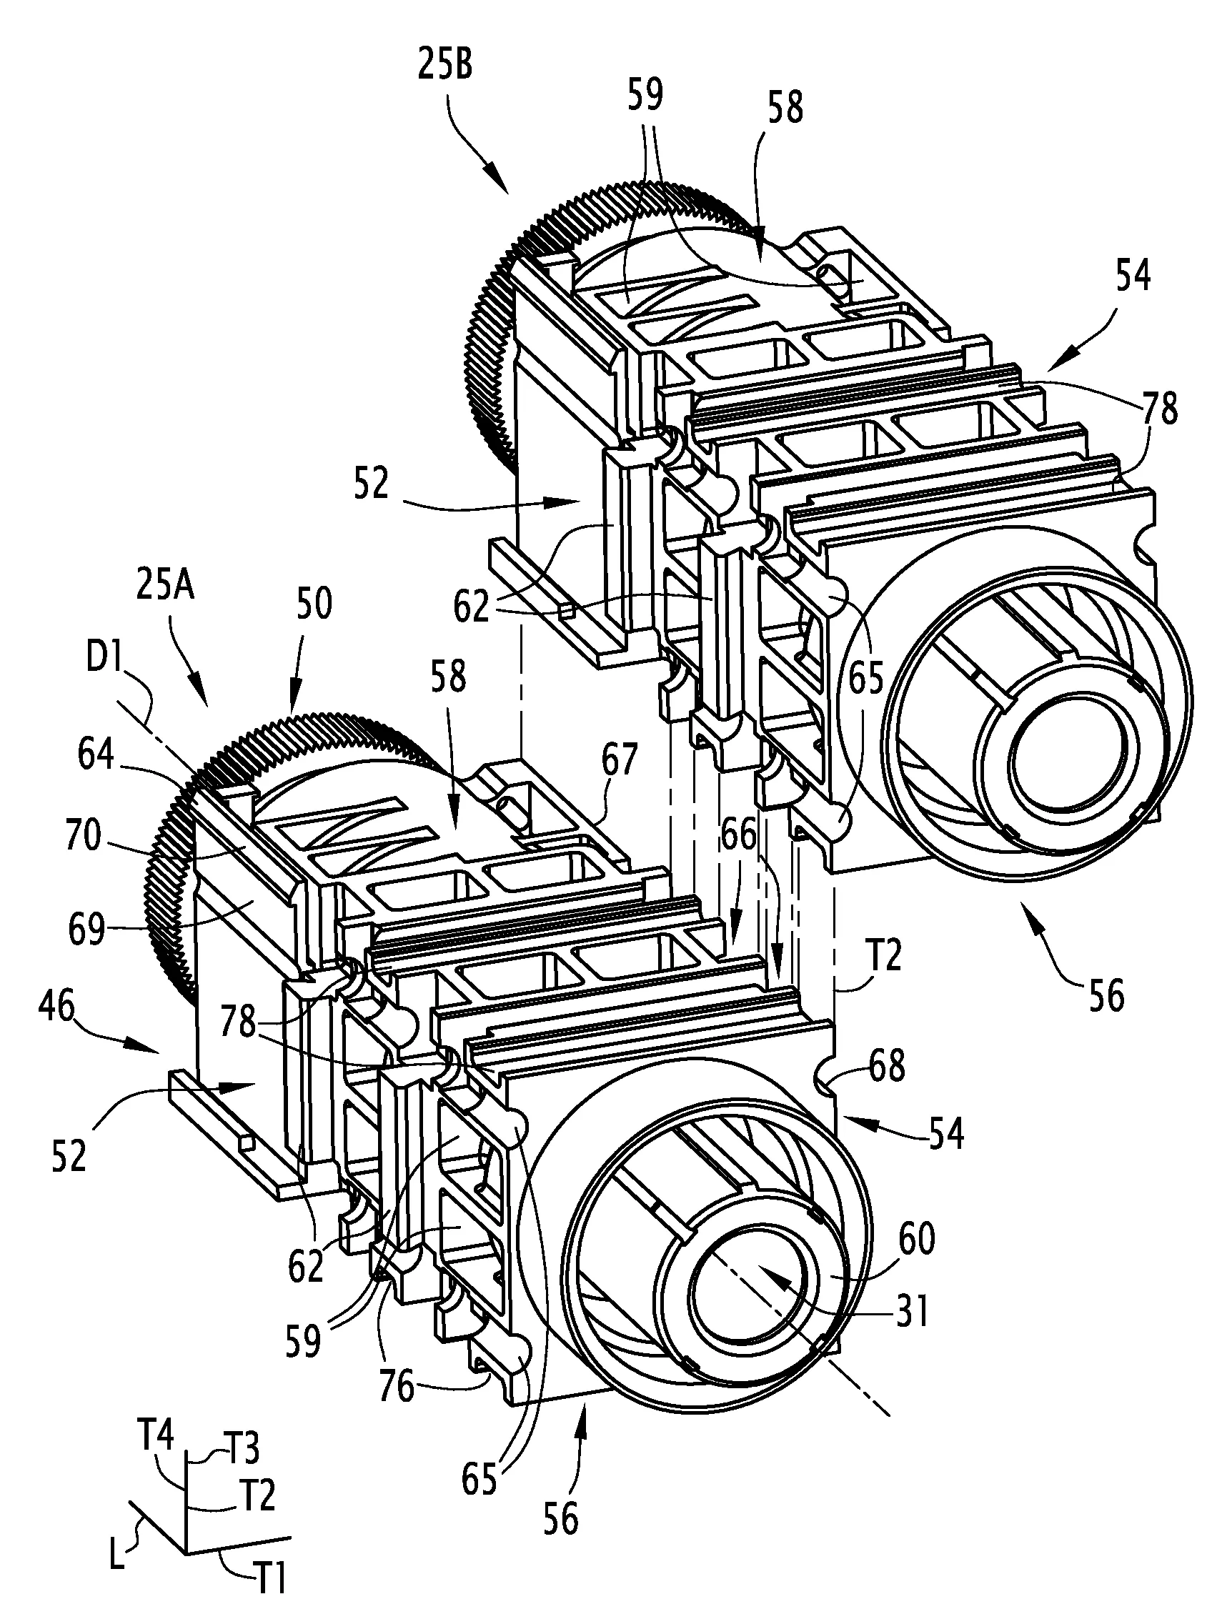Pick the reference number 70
pyautogui.click(x=84, y=837)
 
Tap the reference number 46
pyautogui.click(x=56, y=1008)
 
